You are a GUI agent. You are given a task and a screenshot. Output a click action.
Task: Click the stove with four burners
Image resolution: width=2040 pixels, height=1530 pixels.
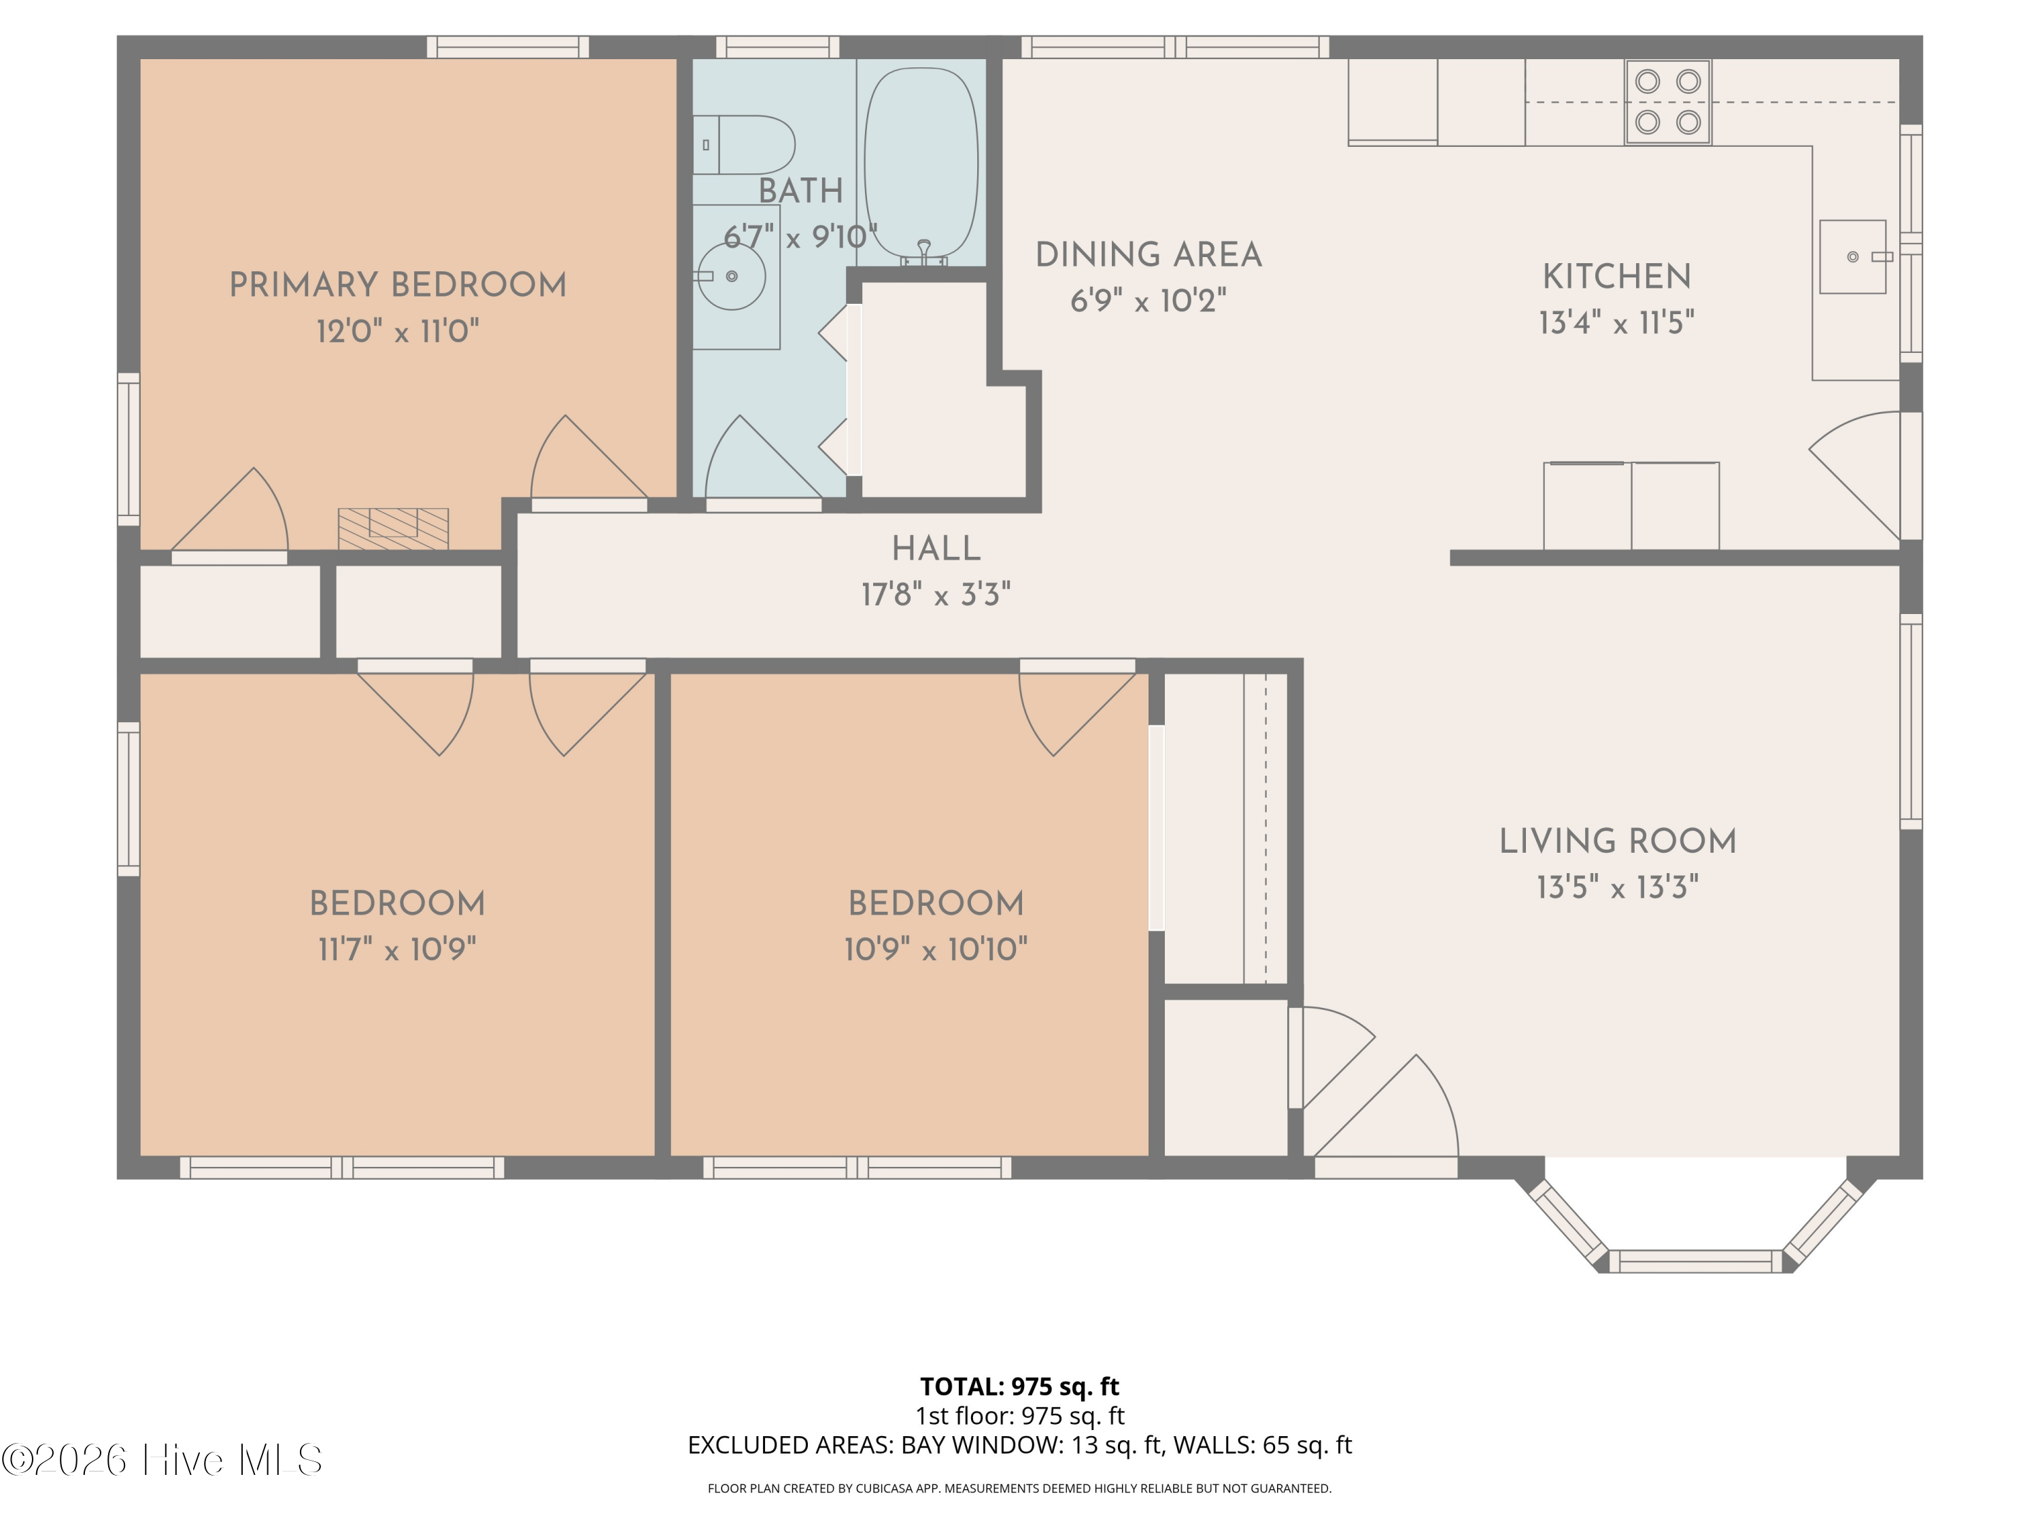[1667, 101]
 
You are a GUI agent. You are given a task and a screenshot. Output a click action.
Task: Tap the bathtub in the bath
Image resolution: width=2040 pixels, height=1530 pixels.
[921, 163]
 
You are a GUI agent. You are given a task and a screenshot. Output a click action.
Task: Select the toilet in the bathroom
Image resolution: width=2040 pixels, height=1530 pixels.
[743, 144]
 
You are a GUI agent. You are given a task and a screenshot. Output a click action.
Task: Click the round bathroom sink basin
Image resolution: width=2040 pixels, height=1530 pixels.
[731, 276]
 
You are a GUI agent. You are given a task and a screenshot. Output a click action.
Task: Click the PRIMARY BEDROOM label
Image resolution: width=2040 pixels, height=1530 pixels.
[398, 285]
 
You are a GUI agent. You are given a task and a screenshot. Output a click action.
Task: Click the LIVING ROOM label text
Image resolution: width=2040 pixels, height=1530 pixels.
[1618, 841]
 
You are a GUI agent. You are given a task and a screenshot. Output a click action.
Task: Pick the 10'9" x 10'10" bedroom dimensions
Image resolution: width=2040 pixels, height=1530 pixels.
[936, 949]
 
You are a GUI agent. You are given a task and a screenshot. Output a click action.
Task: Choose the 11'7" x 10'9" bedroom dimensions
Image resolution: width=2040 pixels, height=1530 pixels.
[398, 949]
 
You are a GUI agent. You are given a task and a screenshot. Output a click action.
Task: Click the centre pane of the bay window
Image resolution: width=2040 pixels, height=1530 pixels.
[1696, 1261]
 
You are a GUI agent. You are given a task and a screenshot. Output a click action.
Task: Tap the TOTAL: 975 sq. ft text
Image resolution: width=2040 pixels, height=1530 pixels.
[1019, 1386]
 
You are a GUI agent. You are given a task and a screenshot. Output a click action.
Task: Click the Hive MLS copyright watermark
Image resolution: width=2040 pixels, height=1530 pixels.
[163, 1460]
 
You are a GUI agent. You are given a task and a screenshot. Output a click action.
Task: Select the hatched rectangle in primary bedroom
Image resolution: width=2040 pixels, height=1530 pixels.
[393, 528]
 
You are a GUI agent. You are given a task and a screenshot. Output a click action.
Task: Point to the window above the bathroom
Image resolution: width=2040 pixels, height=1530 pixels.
[777, 47]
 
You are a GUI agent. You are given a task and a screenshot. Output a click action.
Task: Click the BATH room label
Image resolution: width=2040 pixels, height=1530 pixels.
[800, 191]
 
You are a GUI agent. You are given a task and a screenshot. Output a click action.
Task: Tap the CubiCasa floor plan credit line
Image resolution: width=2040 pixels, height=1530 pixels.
[1019, 1488]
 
